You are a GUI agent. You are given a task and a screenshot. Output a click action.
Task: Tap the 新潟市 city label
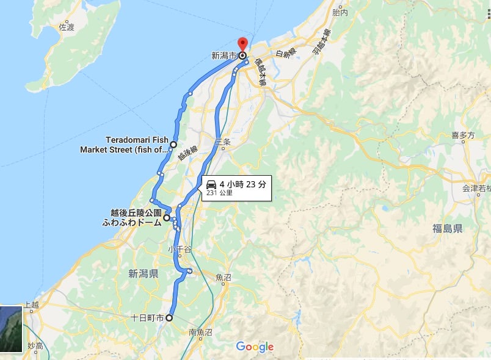tap(223, 56)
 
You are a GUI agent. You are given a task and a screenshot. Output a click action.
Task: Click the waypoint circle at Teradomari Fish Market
tap(173, 145)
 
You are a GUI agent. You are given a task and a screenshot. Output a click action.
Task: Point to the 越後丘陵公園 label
tap(136, 213)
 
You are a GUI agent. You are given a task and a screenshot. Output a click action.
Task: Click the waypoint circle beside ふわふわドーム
tap(167, 217)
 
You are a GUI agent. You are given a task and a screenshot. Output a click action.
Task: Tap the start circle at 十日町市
tap(169, 318)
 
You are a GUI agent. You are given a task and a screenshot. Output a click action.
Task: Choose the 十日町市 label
tap(147, 319)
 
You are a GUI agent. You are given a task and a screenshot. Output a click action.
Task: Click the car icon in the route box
tap(211, 184)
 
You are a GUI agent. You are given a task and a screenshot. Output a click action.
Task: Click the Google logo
tap(255, 347)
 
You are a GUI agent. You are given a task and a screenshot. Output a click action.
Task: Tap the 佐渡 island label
tap(67, 27)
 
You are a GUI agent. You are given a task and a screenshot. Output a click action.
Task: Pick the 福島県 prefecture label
tap(448, 229)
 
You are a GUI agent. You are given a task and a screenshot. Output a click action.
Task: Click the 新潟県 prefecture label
tap(144, 273)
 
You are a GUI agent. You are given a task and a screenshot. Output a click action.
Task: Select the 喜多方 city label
tap(463, 135)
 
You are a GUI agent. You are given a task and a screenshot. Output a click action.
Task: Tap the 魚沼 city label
tap(224, 277)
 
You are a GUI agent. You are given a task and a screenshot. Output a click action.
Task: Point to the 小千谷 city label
tap(180, 249)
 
